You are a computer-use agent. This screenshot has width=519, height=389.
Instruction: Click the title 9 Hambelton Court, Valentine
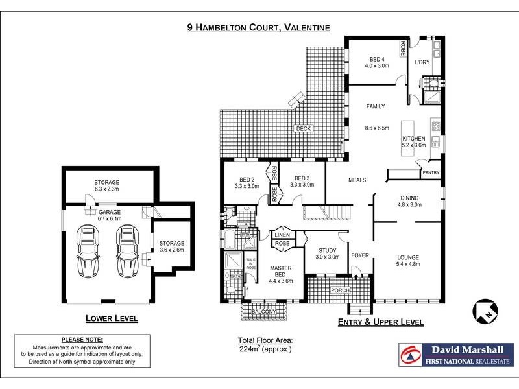(258, 27)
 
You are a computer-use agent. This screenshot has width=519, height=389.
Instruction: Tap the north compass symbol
(485, 311)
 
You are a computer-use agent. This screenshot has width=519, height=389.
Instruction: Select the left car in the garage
(88, 251)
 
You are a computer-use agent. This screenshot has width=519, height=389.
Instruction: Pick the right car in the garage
(128, 251)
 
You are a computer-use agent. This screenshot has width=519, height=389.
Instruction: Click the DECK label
(303, 128)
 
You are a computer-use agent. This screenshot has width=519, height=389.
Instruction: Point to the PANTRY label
(431, 172)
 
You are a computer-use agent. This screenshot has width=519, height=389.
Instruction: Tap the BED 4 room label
(377, 59)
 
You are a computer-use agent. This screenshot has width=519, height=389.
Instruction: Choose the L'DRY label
(422, 62)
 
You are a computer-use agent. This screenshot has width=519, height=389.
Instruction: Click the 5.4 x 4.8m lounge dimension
(408, 264)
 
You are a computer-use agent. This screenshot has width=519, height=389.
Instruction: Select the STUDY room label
(328, 250)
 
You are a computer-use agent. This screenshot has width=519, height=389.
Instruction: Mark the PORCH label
(340, 290)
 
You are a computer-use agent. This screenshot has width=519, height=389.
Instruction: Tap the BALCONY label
(264, 312)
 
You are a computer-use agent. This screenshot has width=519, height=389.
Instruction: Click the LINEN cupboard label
(282, 235)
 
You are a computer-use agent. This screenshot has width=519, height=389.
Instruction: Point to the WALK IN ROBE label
(251, 264)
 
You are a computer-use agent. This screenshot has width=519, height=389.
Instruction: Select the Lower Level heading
(112, 318)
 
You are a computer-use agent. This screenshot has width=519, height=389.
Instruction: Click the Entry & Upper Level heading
(381, 322)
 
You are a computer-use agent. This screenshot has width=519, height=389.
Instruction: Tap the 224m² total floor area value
(250, 349)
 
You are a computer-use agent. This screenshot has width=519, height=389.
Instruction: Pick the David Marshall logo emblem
(411, 355)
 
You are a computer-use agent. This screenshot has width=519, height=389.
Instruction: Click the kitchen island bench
(407, 138)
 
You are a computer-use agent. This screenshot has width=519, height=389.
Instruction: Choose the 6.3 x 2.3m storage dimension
(106, 189)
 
